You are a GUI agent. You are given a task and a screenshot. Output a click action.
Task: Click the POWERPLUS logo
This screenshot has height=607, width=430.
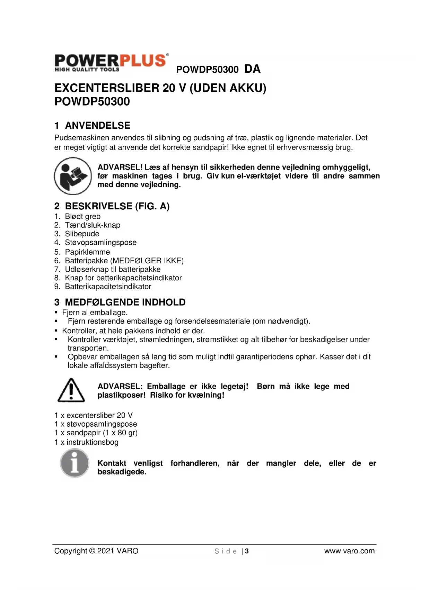coord(111,63)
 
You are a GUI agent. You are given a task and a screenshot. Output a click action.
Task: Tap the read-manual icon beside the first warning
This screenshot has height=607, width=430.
coord(72,176)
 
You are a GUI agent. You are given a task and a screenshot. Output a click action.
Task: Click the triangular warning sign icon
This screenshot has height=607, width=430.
coord(71,390)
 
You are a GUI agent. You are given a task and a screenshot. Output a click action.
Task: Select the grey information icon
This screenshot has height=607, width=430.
coord(74,463)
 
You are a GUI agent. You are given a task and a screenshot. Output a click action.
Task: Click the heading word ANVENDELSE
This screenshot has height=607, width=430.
coord(98,125)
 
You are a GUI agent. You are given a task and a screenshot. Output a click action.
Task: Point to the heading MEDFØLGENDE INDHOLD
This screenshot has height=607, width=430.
coord(125,302)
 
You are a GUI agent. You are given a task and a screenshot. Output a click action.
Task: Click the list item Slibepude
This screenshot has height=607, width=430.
coord(82,234)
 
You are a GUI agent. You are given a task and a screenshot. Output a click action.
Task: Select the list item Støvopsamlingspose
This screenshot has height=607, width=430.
coord(101,243)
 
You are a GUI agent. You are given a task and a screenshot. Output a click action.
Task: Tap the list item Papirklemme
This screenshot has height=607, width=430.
coord(87,252)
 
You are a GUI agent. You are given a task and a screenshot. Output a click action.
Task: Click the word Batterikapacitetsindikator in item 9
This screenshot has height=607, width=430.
coord(108,287)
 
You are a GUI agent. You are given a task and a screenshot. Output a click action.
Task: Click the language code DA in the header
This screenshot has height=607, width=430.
coord(252,69)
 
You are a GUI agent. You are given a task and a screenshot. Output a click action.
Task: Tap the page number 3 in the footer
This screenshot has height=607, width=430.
coord(247,551)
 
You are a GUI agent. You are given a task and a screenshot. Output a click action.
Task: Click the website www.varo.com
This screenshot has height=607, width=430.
coord(349,551)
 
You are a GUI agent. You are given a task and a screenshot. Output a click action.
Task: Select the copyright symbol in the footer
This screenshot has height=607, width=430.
coord(92,551)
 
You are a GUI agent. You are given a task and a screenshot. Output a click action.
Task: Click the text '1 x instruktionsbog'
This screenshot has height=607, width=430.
coord(86,442)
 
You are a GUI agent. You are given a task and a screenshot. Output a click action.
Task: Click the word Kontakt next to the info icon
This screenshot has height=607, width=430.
coord(112,463)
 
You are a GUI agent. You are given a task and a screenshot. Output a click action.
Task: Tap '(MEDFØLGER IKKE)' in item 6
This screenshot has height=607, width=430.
coord(147,261)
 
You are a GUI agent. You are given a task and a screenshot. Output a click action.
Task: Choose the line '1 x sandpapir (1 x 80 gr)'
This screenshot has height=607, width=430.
coord(96,433)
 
